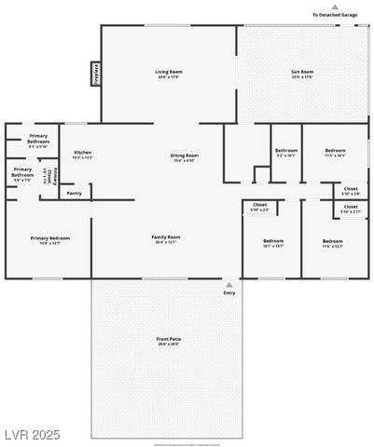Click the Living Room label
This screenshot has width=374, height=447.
point(168,72)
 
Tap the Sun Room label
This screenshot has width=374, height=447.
point(301,72)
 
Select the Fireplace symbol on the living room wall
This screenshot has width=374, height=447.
point(95,73)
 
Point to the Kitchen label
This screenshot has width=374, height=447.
point(82,152)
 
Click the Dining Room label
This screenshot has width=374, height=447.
point(185,156)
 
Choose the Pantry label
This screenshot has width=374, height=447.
point(74,194)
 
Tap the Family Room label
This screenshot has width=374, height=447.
point(166,237)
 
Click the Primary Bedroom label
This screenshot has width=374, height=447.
point(50,238)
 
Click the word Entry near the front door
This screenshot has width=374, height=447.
point(229,293)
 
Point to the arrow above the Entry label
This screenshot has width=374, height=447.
point(229,285)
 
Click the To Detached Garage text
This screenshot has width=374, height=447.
point(335,15)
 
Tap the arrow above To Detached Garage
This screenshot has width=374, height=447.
point(335,7)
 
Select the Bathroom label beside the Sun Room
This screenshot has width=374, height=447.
point(285,150)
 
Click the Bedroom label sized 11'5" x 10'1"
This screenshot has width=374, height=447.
point(336,150)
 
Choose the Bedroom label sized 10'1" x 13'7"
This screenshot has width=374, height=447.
point(273,241)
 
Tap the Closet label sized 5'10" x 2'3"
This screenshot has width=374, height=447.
point(259,204)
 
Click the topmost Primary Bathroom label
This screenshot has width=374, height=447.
point(38,137)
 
